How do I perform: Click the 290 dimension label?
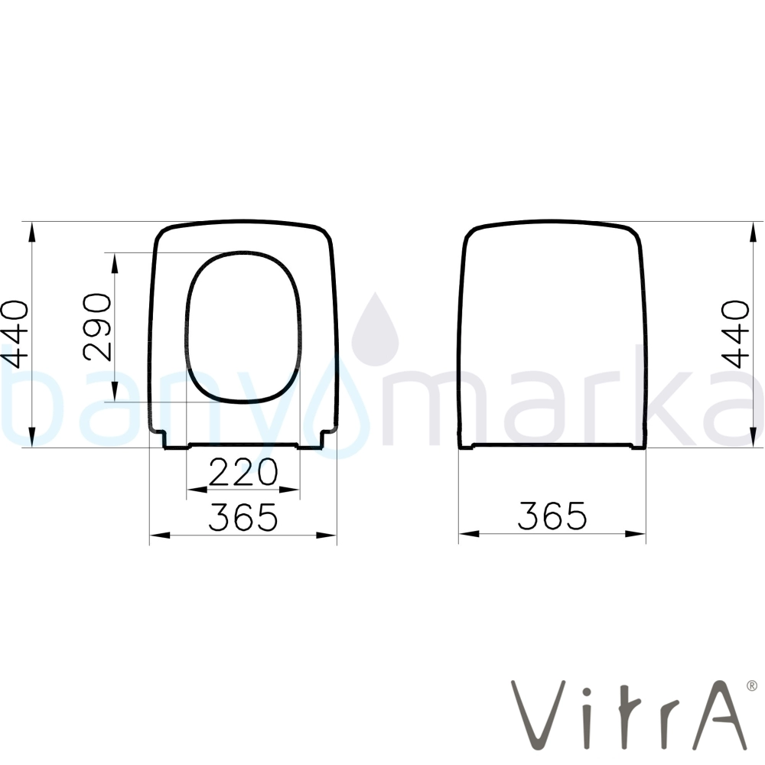click(x=98, y=327)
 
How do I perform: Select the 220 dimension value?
click(x=243, y=472)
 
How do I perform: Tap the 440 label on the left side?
click(x=15, y=334)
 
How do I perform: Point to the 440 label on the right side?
click(x=735, y=334)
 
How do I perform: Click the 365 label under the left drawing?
click(x=243, y=516)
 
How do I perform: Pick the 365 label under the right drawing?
click(x=552, y=515)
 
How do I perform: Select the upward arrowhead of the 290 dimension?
click(x=116, y=263)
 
